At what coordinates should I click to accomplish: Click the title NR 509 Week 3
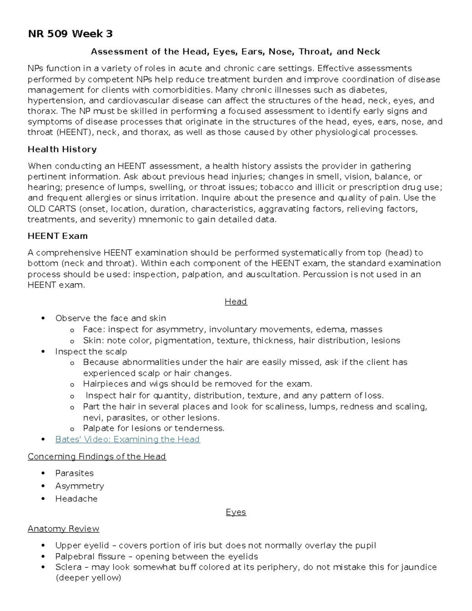70,34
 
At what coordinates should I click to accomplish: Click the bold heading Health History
62,150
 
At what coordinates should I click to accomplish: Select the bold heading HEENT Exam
57,236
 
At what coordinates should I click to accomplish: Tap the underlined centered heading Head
236,302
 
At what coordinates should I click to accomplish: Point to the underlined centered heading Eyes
236,512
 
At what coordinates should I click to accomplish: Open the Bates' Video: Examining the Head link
127,439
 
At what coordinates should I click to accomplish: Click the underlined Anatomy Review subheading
63,529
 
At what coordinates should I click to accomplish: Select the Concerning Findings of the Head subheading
97,457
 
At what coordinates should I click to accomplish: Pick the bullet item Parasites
74,473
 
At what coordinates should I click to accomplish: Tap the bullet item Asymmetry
79,486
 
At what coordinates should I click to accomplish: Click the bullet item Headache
76,499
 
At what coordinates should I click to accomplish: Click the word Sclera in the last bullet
68,567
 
